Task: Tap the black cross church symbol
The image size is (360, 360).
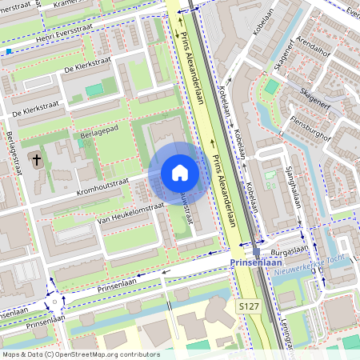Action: tap(36, 160)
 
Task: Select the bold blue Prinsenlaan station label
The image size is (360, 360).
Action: tap(255, 262)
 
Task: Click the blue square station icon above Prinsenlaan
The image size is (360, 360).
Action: tap(256, 250)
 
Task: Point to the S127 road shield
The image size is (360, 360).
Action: tap(247, 306)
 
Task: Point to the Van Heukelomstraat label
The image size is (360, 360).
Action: tap(130, 212)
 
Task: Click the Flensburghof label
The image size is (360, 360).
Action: tap(311, 124)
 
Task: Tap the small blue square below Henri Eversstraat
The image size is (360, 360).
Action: tap(9, 52)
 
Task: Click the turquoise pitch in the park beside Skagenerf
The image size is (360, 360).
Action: tap(272, 86)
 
